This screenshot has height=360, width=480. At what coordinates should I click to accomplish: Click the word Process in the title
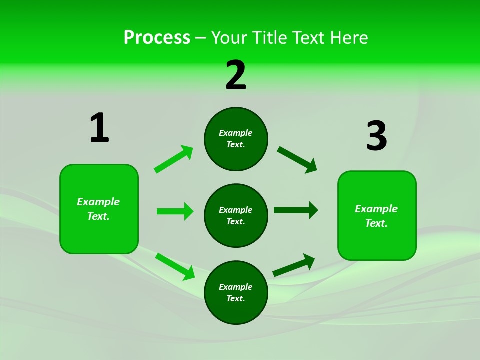(157, 38)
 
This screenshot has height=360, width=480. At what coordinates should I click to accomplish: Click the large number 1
(99, 128)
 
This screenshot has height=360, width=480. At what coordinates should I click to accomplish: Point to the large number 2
(236, 75)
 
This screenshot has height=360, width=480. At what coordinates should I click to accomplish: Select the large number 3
(376, 136)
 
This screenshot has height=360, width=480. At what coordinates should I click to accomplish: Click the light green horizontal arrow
(175, 211)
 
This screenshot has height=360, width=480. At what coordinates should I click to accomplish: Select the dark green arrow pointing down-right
(297, 160)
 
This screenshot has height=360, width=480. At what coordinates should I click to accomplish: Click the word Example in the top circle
(236, 133)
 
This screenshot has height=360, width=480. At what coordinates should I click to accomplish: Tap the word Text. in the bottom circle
(236, 298)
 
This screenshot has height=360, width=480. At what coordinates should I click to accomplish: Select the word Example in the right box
(376, 209)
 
